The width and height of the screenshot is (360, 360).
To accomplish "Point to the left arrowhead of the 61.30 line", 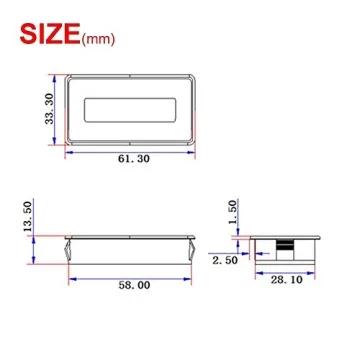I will click(70, 148).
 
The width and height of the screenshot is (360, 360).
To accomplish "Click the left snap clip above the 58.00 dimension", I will click(67, 245).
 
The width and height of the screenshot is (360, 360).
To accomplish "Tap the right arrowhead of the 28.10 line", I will click(317, 272).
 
